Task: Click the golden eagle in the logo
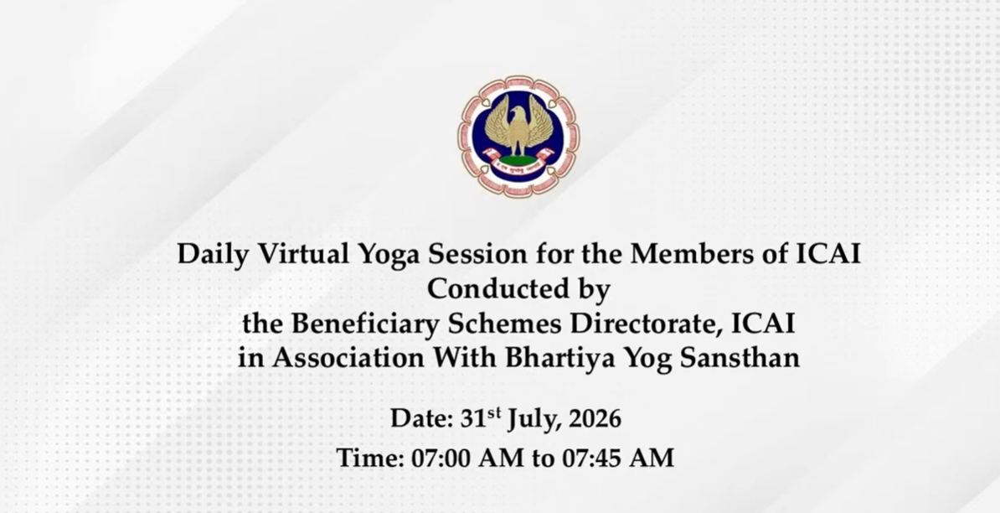pos(518,128)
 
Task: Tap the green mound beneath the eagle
pos(518,158)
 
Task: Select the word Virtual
pos(303,254)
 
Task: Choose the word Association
pos(348,358)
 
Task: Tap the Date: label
pos(421,419)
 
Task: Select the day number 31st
pos(481,418)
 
